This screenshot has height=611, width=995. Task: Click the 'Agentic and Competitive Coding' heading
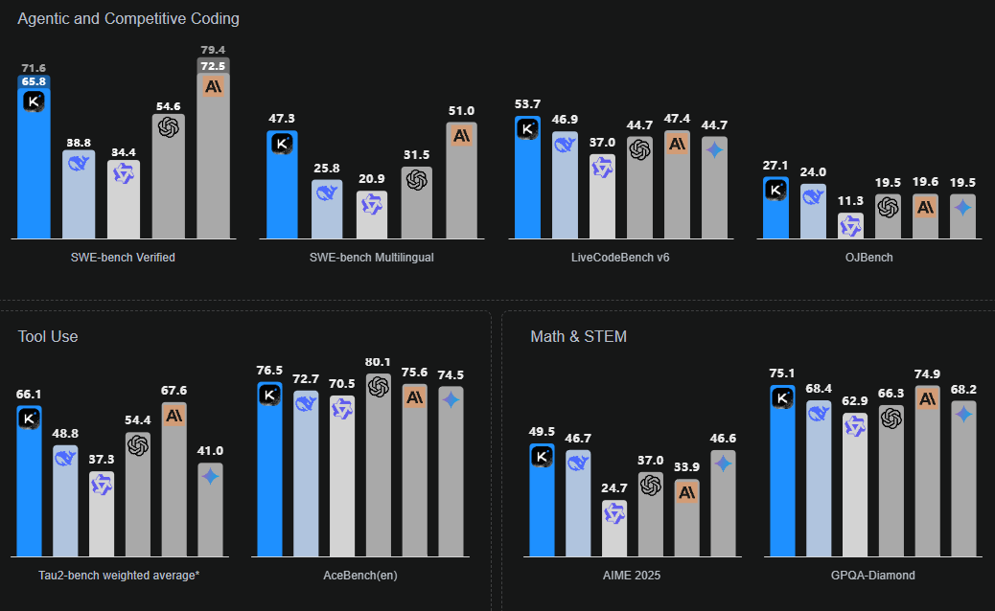128,18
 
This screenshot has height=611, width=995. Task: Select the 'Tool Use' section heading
48,336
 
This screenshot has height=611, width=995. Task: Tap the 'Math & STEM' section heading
579,336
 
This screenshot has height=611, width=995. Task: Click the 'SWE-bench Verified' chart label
123,258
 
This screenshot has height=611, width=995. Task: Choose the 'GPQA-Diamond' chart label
873,576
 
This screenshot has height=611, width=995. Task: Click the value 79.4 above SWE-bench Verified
213,50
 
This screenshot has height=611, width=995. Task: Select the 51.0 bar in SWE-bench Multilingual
462,182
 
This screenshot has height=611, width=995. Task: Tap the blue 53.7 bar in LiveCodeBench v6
527,182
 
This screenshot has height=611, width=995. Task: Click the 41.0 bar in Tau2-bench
211,512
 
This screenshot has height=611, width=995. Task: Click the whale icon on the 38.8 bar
79,163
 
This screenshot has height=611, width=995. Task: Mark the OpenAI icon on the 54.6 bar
169,126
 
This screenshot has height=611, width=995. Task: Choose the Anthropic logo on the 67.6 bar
174,416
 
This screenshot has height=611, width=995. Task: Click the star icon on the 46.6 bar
724,464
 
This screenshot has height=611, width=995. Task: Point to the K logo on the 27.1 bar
775,190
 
